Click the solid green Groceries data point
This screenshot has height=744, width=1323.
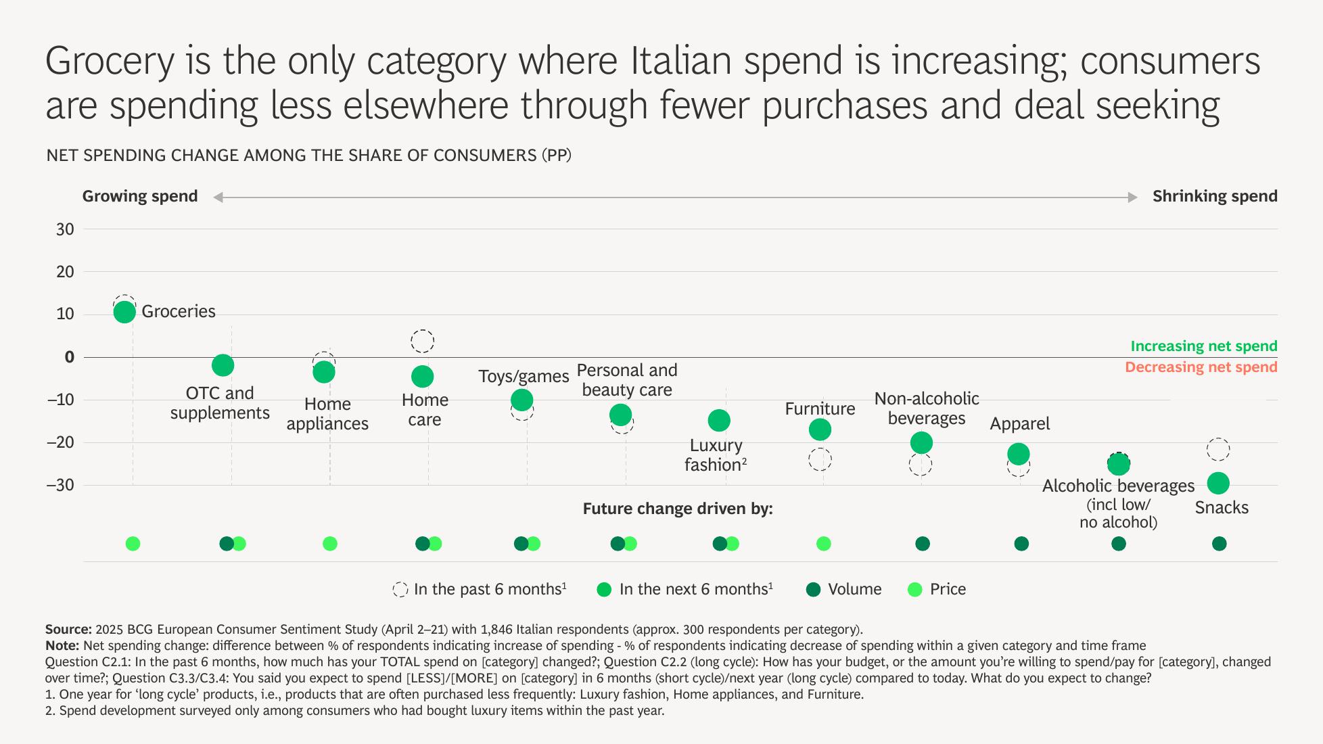coord(124,312)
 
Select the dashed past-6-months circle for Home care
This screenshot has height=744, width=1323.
coord(422,341)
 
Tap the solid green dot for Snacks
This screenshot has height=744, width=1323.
coord(1217,483)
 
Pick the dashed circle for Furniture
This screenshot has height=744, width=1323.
coord(820,460)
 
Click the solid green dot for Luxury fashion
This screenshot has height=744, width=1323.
coord(718,421)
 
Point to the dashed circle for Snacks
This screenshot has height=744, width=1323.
coord(1217,450)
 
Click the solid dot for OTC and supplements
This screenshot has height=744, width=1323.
coord(223,365)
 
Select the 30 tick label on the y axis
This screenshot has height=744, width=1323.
coord(66,229)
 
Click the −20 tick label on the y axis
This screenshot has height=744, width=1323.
coord(61,442)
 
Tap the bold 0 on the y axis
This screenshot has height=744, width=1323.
coord(69,357)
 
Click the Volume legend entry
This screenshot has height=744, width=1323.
coord(844,589)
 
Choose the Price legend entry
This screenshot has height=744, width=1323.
coord(937,589)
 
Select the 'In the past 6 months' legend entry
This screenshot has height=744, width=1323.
coord(480,589)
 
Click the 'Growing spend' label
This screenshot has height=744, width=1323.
coord(140,196)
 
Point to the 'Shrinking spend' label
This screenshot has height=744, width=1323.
coord(1215,196)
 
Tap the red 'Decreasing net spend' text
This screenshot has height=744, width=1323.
coord(1201,367)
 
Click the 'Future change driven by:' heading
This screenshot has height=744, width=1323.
coord(677,509)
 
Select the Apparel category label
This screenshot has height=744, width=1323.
coord(1019,424)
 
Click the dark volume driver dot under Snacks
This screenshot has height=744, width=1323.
coord(1219,544)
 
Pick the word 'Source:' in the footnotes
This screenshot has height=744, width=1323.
coord(68,629)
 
